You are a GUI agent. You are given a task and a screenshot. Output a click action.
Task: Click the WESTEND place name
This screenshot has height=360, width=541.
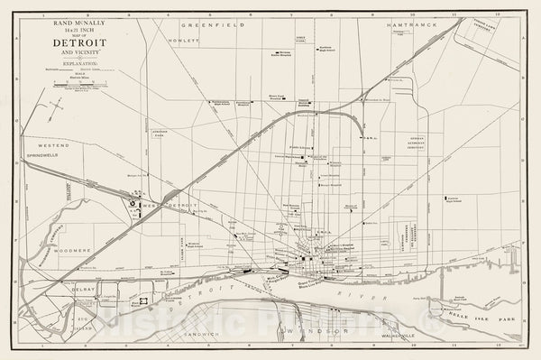52,144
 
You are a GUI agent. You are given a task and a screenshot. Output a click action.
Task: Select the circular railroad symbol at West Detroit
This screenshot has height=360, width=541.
133,204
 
